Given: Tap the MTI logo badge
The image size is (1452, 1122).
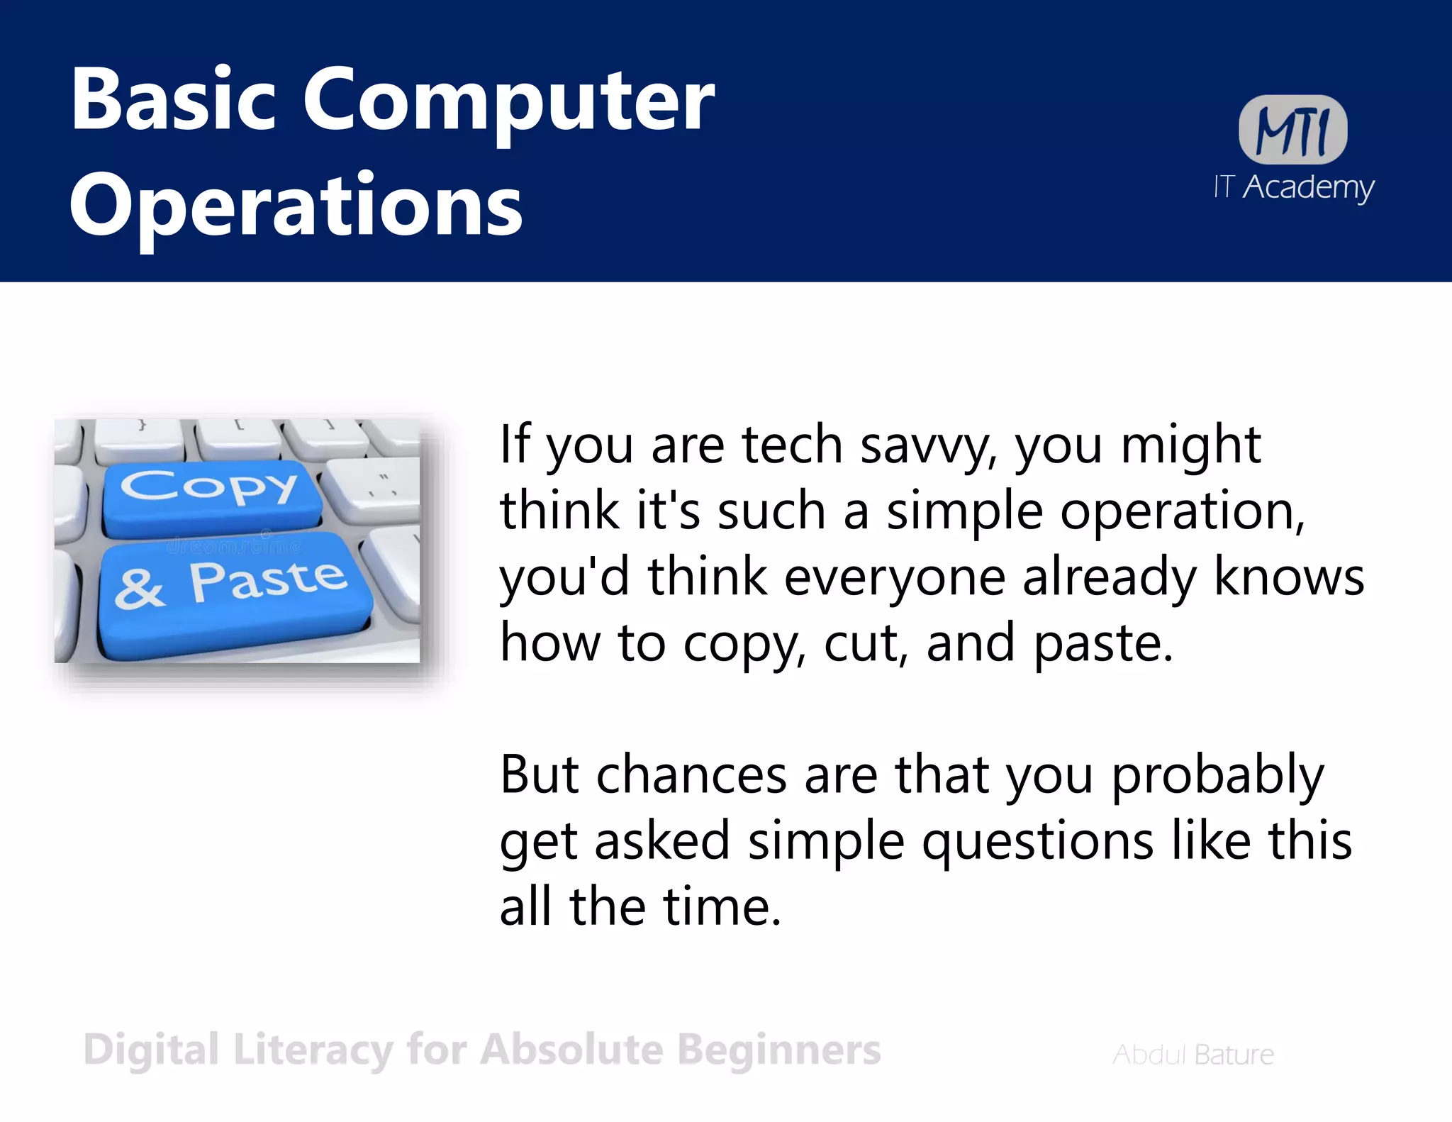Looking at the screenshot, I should coord(1292,130).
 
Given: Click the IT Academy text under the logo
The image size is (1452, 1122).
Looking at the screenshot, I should coord(1293,187).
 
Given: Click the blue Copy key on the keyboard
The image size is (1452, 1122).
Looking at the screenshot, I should coord(210,495).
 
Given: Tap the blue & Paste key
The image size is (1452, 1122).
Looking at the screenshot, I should coord(234,592).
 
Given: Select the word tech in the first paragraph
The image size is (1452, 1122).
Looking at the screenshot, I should coord(792,445).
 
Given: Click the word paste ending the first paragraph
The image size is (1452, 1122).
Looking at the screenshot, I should coord(1102,643).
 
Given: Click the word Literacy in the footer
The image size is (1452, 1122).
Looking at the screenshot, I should coord(313,1051).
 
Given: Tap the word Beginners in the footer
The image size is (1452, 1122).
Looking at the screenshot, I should coord(778,1051).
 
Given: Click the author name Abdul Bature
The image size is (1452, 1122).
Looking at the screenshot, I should coord(1193,1055).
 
